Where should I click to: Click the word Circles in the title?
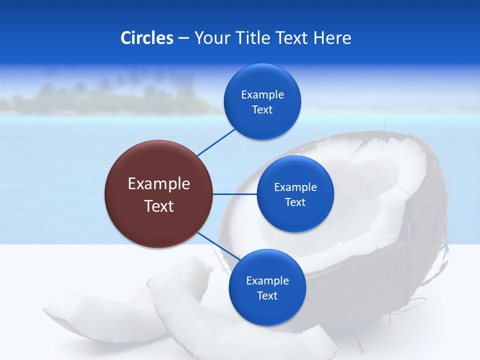[147, 38]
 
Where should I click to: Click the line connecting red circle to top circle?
[216, 141]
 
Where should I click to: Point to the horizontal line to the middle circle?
[235, 194]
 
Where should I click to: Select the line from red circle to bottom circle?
[215, 245]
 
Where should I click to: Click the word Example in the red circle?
[159, 183]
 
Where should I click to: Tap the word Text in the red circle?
[159, 206]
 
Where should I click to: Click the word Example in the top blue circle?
[262, 94]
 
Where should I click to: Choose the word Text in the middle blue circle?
[295, 202]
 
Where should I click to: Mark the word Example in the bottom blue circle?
[267, 280]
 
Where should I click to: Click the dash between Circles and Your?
[183, 38]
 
